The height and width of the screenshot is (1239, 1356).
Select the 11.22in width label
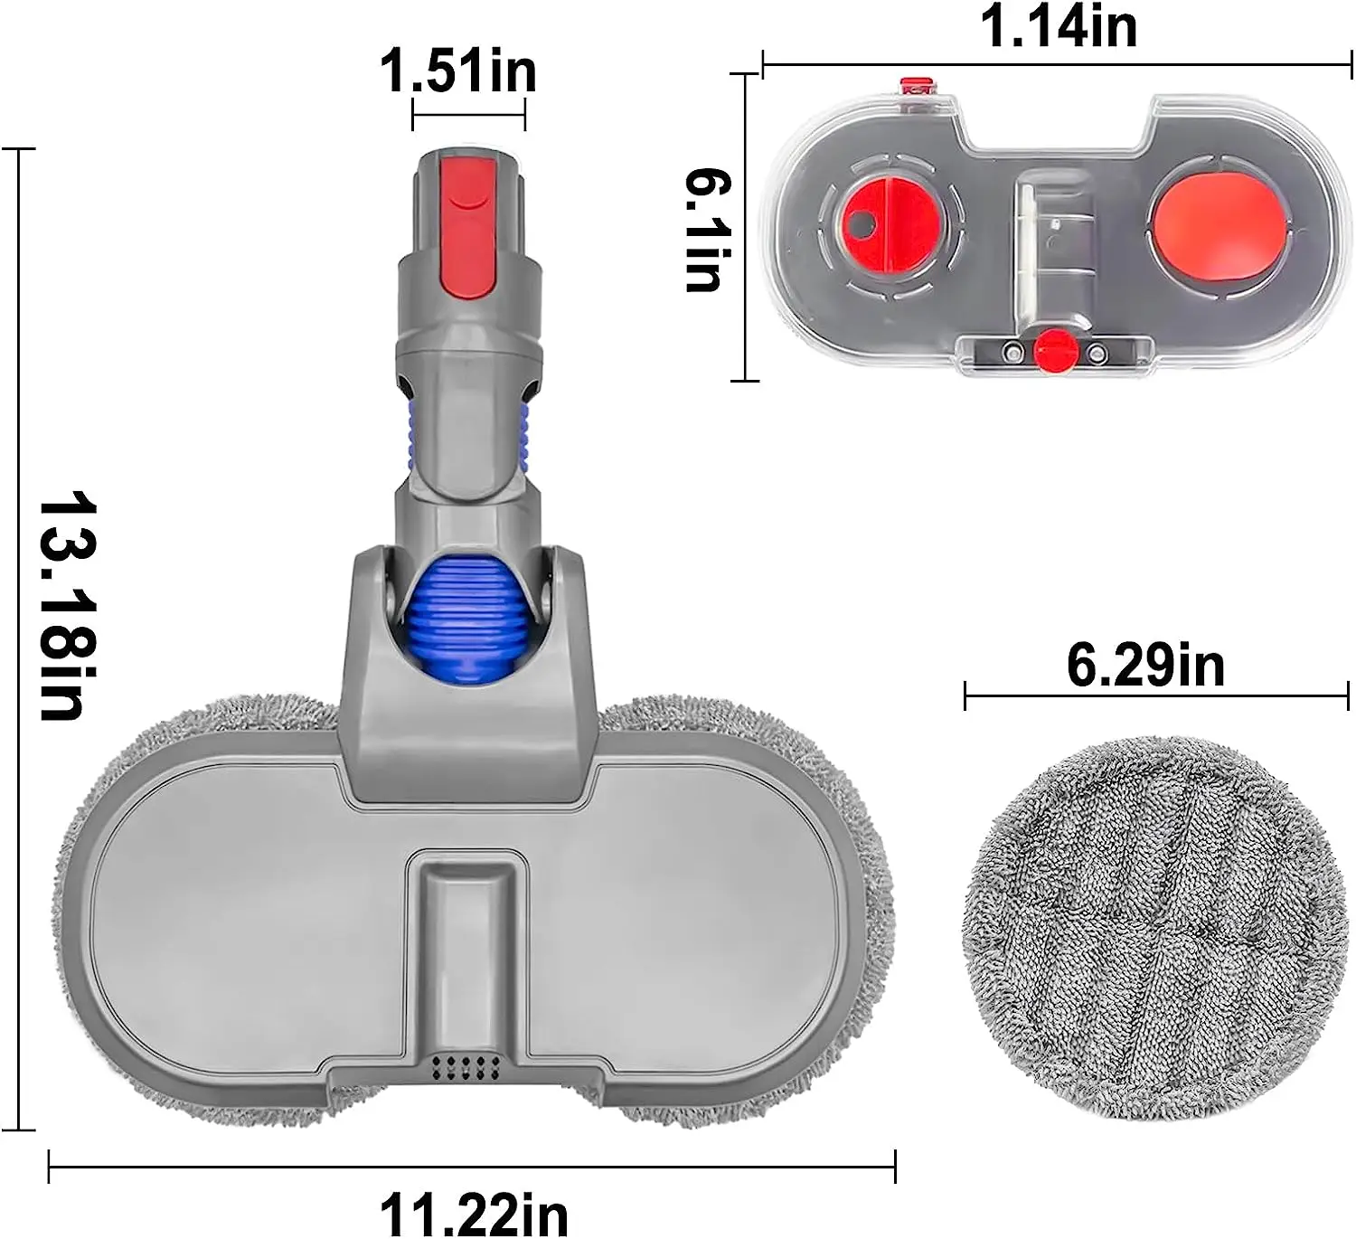pos(474,1213)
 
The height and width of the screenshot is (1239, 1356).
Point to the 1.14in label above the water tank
pos(1059,26)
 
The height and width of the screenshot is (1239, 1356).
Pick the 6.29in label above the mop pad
pos(1145,666)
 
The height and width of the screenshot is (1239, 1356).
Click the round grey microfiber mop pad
pos(1154,927)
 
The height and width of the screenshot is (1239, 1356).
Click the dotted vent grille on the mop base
pos(466,1066)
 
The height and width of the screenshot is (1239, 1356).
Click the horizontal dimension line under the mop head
pos(472,1167)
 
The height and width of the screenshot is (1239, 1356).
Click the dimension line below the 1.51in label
pos(468,114)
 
